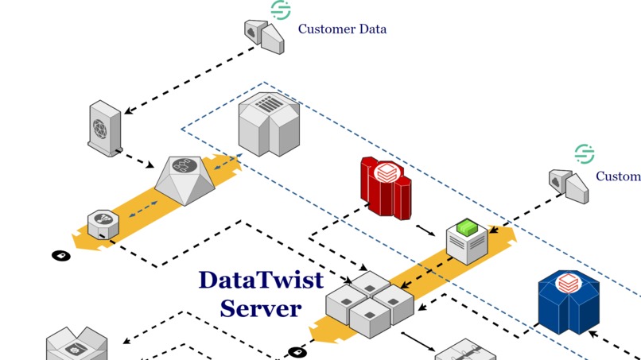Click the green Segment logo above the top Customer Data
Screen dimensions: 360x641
click(281, 10)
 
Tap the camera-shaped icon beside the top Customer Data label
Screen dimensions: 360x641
click(263, 36)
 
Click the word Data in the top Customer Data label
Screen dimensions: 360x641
click(371, 29)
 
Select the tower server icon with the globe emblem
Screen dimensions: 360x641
click(104, 126)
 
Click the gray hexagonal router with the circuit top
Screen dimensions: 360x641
click(185, 180)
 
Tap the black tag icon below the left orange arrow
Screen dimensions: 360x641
click(61, 256)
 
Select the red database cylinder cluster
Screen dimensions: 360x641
click(386, 187)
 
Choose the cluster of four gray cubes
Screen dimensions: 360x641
click(370, 304)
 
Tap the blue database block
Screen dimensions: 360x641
click(568, 301)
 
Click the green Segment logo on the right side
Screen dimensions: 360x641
click(585, 153)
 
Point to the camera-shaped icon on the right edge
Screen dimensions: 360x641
click(568, 185)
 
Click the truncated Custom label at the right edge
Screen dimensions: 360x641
click(618, 176)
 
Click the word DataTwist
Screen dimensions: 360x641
click(261, 281)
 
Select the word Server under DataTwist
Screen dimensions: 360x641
click(261, 308)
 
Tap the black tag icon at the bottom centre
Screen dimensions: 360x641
click(297, 352)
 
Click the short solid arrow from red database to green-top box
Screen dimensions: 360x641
click(426, 230)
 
